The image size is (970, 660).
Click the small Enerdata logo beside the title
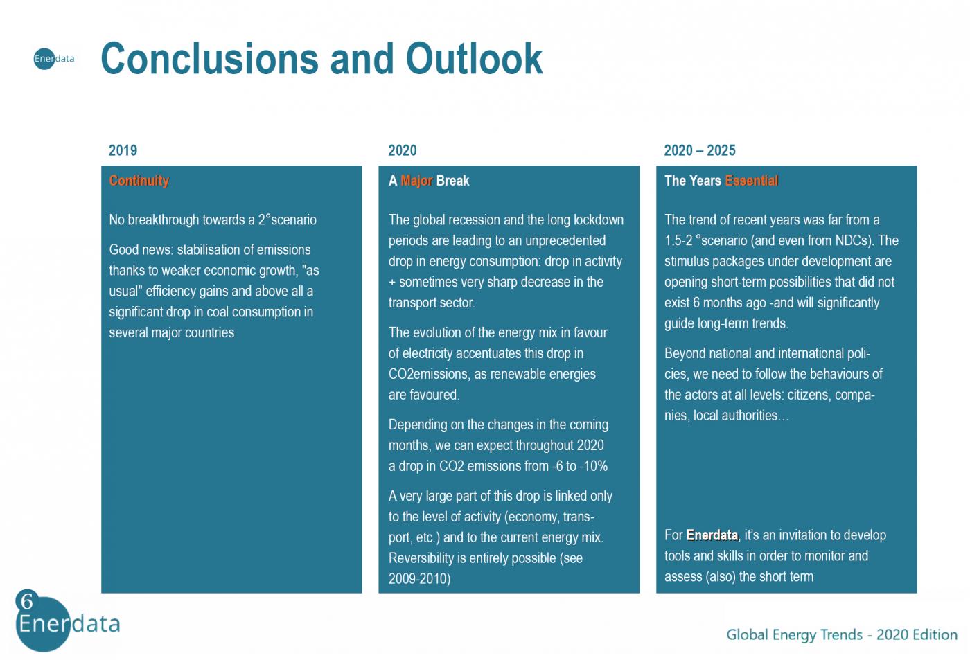[x=54, y=58]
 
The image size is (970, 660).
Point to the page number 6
[x=27, y=600]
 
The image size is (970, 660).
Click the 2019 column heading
[x=123, y=150]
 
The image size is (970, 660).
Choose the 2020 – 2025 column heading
[x=700, y=150]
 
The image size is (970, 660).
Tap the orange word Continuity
[x=139, y=181]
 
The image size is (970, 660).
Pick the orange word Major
[x=416, y=181]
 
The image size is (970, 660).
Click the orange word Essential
[x=752, y=181]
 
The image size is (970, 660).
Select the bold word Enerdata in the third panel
[x=712, y=535]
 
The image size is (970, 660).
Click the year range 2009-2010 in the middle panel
[x=420, y=579]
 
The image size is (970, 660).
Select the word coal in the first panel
[x=216, y=312]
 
